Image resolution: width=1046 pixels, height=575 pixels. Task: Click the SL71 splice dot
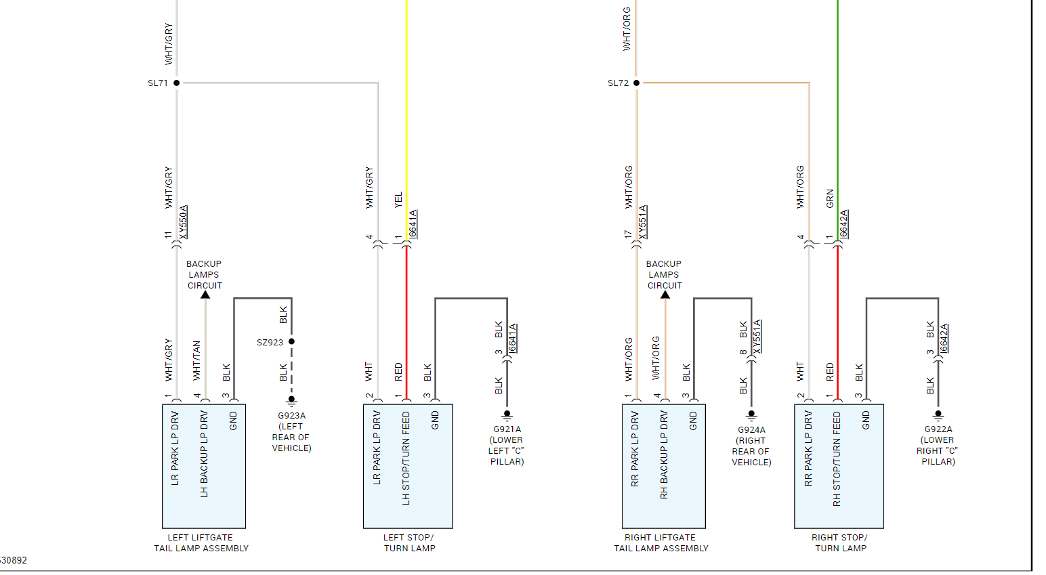coord(177,83)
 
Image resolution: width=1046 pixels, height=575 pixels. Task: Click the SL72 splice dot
coord(636,83)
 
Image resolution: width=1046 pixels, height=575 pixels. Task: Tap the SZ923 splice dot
coord(292,341)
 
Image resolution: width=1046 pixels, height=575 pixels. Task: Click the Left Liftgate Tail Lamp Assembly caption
coord(201,543)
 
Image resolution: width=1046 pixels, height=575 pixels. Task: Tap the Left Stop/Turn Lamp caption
coord(409,543)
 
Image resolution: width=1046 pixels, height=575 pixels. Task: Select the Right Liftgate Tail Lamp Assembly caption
coord(661,543)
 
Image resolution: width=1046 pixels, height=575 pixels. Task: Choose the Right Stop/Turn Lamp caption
coord(840,543)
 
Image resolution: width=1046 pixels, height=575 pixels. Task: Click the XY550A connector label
coord(184,222)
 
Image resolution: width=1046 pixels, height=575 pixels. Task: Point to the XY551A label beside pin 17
coord(643,222)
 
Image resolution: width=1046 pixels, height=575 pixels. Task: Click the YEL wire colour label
coord(398,200)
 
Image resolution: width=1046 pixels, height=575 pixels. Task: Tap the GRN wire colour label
coord(830,198)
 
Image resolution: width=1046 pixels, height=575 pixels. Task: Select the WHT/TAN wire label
coord(196,360)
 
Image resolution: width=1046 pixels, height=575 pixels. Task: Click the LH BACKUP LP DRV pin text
coord(204,454)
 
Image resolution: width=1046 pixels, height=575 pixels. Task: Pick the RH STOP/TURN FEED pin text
coord(837,459)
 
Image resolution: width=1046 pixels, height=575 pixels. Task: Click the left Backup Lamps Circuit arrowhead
coord(205,295)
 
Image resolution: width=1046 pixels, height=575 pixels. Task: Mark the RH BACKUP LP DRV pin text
coord(664,454)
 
